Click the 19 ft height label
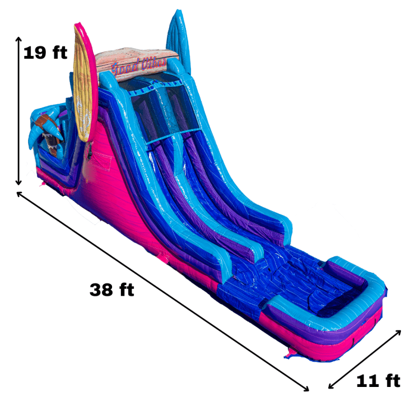(45, 53)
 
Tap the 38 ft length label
(111, 290)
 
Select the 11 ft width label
(378, 381)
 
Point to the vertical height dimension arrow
(18, 111)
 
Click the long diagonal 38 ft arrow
(163, 291)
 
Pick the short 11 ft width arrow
(365, 359)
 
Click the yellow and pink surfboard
(85, 82)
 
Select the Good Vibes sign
(137, 64)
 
